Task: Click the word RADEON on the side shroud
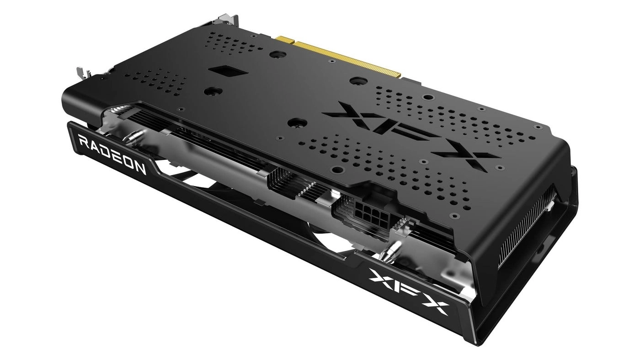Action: tap(112, 155)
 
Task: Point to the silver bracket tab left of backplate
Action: tap(81, 73)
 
